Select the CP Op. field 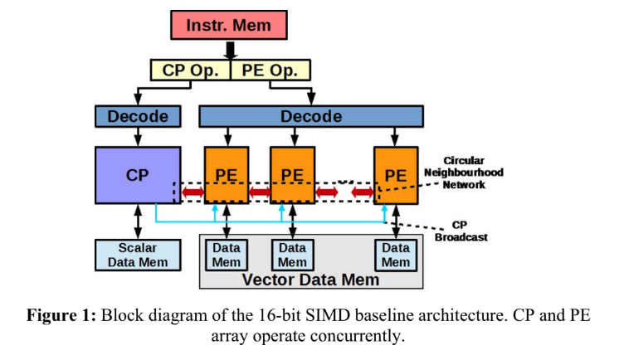click(x=190, y=69)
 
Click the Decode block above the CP click(x=138, y=116)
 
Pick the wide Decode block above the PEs click(x=310, y=116)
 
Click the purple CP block click(x=138, y=175)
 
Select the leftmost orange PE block click(x=227, y=175)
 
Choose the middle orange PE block click(x=292, y=175)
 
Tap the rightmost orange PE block click(x=395, y=175)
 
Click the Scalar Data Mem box click(x=138, y=254)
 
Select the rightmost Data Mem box click(x=395, y=254)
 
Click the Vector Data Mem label click(x=310, y=280)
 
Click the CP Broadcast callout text click(x=460, y=230)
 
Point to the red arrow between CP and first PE click(x=193, y=192)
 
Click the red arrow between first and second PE click(x=260, y=192)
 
